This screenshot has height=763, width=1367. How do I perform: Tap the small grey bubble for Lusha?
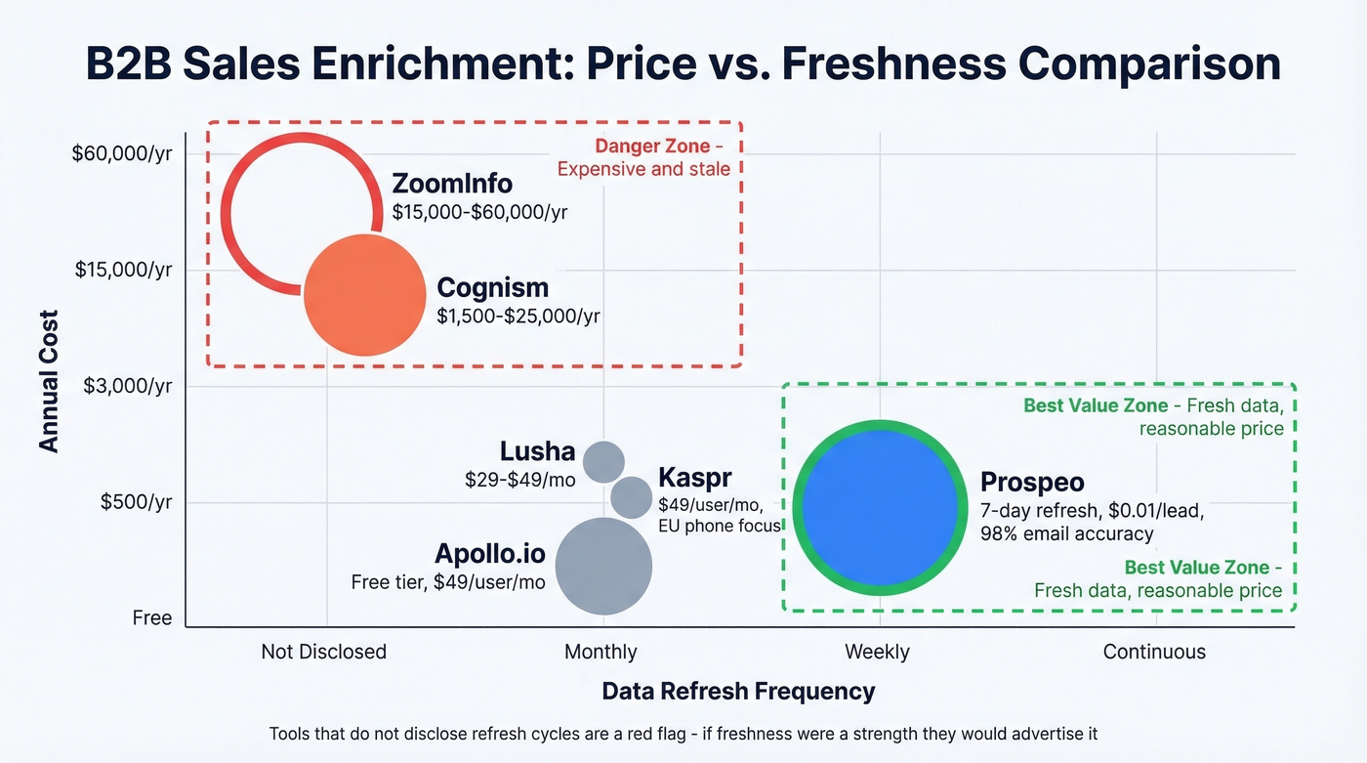603,460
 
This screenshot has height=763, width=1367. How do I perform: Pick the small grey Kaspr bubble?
631,497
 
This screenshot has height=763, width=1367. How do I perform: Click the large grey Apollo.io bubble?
603,566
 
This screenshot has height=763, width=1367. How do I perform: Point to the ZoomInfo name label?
451,184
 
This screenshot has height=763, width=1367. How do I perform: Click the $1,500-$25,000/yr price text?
518,316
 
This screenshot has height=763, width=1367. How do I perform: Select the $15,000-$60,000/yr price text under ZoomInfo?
479,211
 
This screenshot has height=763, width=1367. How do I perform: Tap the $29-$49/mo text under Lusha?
519,480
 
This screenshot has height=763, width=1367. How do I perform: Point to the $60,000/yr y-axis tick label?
122,153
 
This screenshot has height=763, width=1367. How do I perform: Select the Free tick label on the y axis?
151,617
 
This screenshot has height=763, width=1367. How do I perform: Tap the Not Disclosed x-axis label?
323,652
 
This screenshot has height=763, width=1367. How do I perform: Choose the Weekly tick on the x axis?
877,652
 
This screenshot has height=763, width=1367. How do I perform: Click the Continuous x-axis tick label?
1154,652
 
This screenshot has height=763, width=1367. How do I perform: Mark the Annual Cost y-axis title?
49,381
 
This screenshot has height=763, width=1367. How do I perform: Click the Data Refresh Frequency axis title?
738,692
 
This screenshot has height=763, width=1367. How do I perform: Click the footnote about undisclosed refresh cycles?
683,734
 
